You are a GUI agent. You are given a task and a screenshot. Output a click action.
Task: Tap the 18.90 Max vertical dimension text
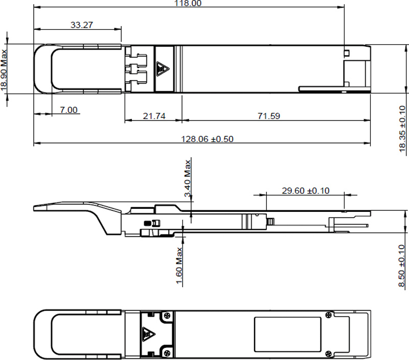click(5, 69)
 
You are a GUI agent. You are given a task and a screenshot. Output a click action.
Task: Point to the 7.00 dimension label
click(68, 110)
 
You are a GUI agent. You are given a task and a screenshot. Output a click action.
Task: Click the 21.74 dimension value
click(154, 116)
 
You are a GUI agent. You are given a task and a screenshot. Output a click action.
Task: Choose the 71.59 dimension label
click(268, 116)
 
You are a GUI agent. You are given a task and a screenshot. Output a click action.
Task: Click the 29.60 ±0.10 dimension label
click(306, 190)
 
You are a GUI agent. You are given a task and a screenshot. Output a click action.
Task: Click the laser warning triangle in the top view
click(163, 68)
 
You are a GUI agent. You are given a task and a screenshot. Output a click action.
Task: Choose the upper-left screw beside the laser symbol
click(167, 317)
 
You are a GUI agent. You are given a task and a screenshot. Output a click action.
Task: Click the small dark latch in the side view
click(149, 223)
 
